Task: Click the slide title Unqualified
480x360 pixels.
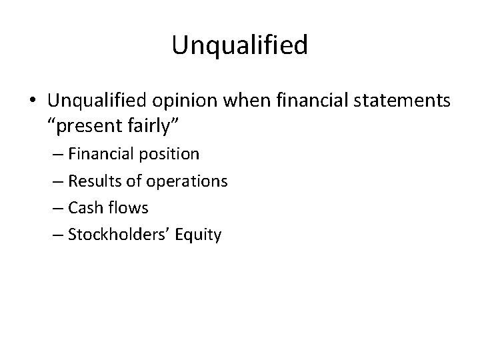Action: pos(239,45)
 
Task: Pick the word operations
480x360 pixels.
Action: pos(186,181)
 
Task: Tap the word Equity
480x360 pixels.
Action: pos(197,235)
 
